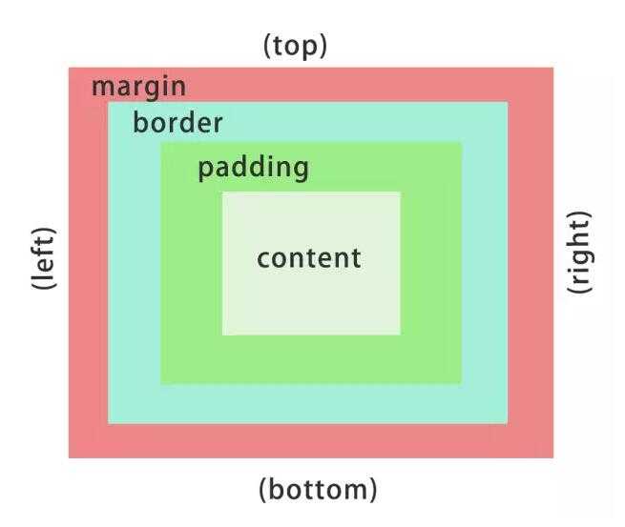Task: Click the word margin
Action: click(x=138, y=88)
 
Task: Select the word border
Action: click(x=177, y=122)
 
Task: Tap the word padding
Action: click(x=253, y=169)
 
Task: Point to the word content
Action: click(x=309, y=258)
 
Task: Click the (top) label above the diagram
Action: click(x=295, y=47)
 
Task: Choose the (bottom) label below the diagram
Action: click(x=318, y=490)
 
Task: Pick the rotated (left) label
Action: click(x=44, y=258)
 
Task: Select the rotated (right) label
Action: click(x=579, y=252)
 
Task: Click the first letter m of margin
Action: click(x=103, y=88)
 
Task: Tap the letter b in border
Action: click(x=140, y=122)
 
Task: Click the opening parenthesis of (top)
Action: click(x=267, y=47)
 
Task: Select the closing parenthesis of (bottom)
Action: click(x=373, y=490)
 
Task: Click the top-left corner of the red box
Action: click(x=69, y=68)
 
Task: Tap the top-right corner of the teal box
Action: click(x=508, y=102)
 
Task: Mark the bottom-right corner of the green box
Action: click(x=461, y=384)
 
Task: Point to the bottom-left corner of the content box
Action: click(x=222, y=334)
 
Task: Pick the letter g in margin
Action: click(x=155, y=91)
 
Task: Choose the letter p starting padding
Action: click(x=206, y=172)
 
